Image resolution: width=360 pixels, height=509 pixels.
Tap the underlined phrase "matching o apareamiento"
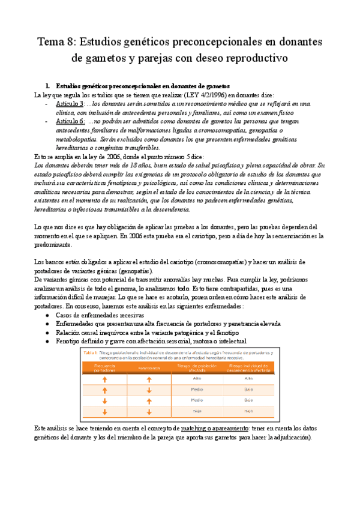[x=214, y=429]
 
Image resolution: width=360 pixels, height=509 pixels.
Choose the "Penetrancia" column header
[x=148, y=366]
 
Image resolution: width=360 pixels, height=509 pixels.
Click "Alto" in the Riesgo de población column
[x=196, y=379]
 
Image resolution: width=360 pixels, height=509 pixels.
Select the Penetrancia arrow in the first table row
[x=148, y=379]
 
